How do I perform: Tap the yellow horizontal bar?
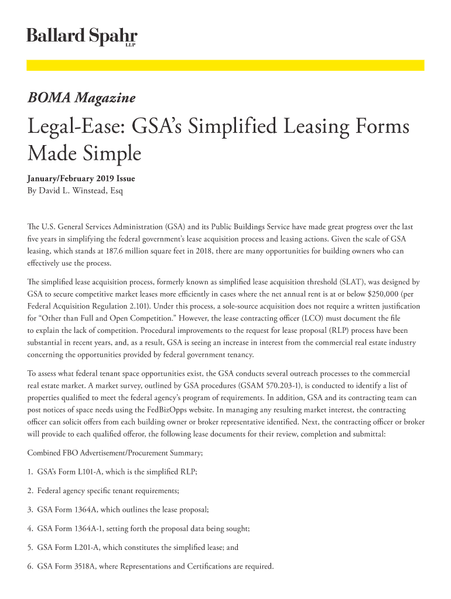pos(225,66)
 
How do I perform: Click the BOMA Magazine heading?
pos(81,98)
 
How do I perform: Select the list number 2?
pos(30,490)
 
